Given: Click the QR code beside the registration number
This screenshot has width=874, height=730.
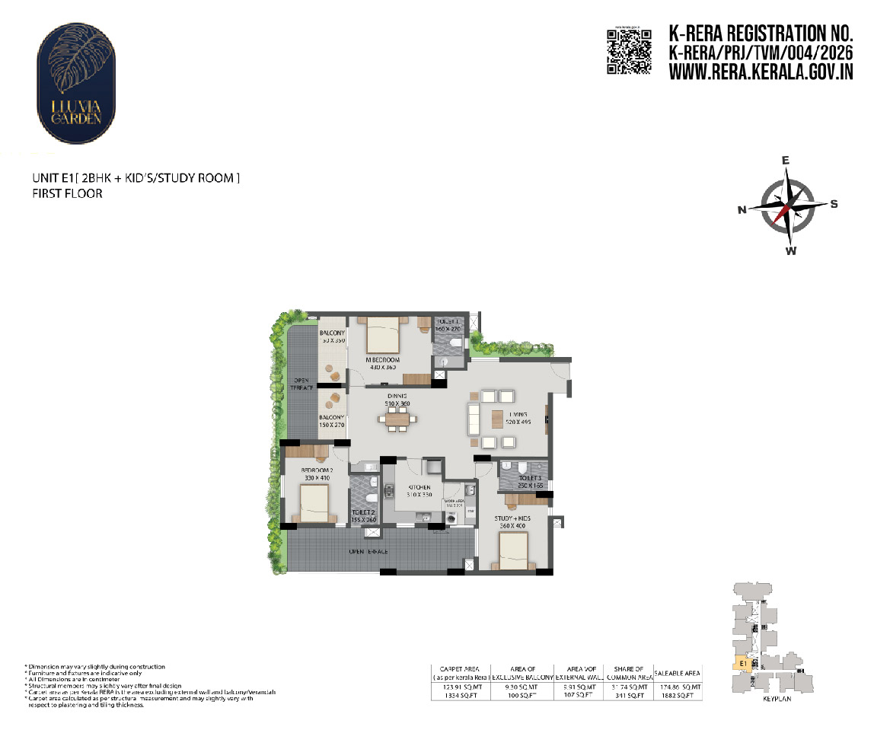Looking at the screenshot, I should click(x=629, y=51).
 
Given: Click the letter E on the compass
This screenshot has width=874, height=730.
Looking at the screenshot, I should click(x=786, y=161).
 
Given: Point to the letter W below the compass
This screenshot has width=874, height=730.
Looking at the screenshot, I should click(x=791, y=251).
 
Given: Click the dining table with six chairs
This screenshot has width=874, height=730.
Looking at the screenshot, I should click(x=397, y=419).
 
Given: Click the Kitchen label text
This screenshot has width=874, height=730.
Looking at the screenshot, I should click(x=419, y=487).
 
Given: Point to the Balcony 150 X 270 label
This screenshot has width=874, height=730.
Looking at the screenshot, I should click(x=332, y=421).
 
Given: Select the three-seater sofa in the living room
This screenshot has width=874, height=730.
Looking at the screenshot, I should click(x=473, y=419).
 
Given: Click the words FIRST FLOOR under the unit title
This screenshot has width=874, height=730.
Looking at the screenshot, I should click(x=67, y=194).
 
